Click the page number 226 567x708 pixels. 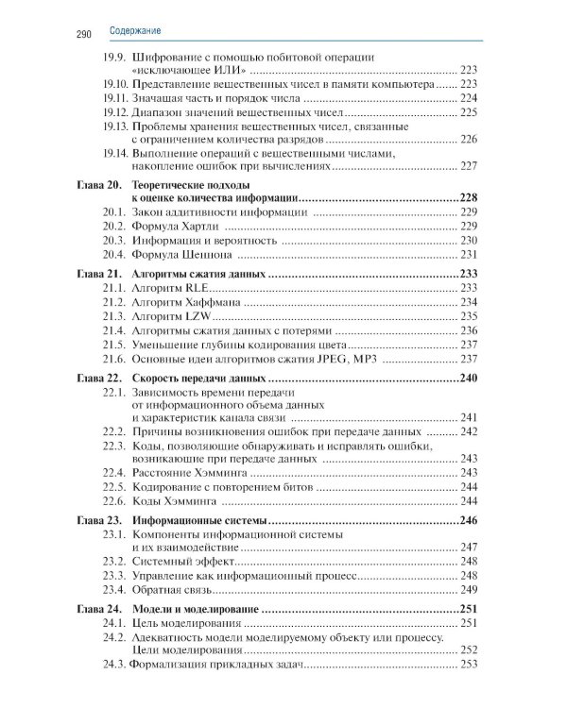[x=470, y=139]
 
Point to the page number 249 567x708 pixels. [x=470, y=589]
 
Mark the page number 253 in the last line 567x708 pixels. [x=470, y=666]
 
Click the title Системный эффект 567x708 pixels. [x=185, y=561]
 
